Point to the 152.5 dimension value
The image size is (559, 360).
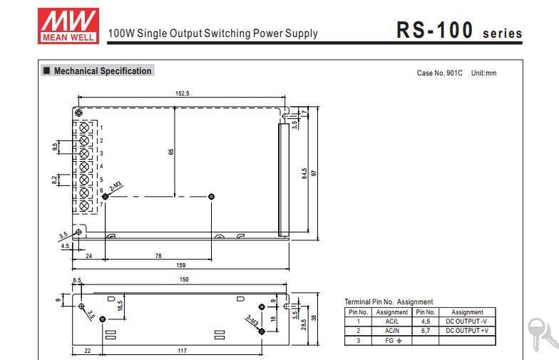182,93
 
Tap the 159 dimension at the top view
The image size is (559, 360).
182,265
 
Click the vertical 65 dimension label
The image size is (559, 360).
171,151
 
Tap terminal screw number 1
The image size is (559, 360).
84,128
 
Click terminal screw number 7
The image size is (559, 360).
84,205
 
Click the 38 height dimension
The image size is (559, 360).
312,318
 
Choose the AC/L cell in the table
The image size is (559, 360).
391,322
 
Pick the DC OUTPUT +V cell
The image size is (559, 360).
467,331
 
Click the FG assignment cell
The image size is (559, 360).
391,341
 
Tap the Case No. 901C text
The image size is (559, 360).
439,73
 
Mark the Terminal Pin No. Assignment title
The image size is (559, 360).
389,302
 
